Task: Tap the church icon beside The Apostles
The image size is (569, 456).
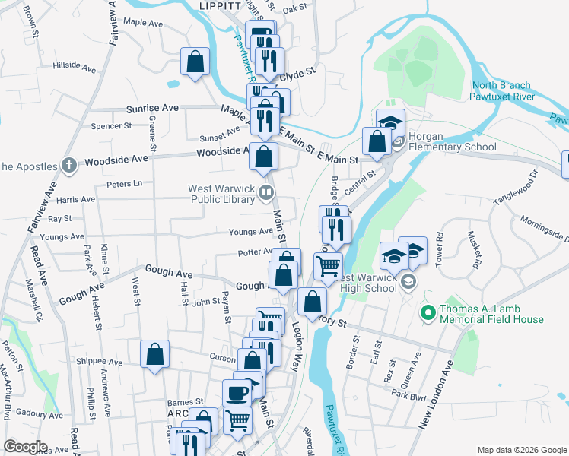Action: [68, 165]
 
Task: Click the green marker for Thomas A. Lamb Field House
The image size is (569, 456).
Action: [427, 312]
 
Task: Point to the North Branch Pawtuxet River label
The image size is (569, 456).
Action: [503, 91]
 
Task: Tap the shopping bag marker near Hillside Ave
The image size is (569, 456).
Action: [194, 62]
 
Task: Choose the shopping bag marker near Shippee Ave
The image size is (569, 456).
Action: [154, 354]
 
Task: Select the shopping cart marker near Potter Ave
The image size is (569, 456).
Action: [328, 267]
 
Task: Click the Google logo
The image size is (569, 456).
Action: [24, 447]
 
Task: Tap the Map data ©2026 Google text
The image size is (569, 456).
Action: [521, 450]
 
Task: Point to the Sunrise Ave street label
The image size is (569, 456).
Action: [152, 109]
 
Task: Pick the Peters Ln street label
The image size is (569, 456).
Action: [125, 184]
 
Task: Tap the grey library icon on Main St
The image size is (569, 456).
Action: [265, 192]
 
